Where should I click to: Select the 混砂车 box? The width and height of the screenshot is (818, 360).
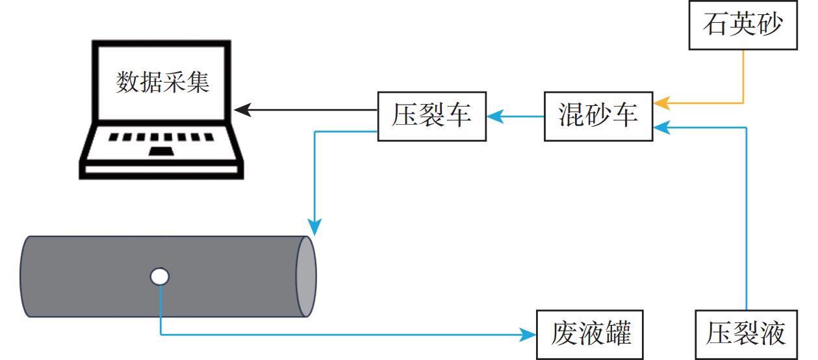coord(598,116)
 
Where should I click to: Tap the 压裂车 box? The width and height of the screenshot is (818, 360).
coord(431,116)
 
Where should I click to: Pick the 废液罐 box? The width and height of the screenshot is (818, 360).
coord(590,335)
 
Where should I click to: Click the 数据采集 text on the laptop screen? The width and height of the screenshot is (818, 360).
coord(162,83)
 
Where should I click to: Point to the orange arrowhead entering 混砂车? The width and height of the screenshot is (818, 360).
coord(661,103)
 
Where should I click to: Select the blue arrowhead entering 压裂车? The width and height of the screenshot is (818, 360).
coord(494,116)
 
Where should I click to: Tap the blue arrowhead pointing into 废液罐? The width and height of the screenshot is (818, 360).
coord(529,335)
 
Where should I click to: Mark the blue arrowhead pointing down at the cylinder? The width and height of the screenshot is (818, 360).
coord(314,227)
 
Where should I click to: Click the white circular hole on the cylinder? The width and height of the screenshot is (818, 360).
coord(159,277)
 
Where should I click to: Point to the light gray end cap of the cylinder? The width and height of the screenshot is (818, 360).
coord(305,276)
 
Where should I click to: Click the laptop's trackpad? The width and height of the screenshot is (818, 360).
coord(162,151)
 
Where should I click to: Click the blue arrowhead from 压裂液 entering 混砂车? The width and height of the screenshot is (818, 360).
coord(661,127)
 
